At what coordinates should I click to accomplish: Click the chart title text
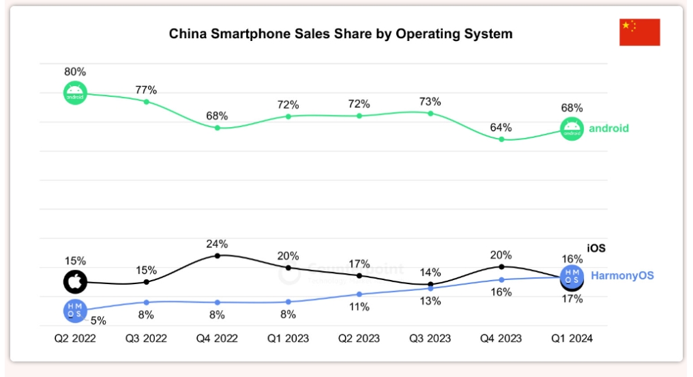pos(340,33)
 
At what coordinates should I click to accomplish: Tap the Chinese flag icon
pos(639,32)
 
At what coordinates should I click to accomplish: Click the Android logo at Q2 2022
pos(75,93)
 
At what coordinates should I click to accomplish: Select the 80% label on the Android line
pos(75,72)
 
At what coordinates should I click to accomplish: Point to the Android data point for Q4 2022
pos(218,128)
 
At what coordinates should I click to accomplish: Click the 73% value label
pos(430,102)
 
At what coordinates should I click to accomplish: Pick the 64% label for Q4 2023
pos(501,128)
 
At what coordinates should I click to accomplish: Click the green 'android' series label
pos(608,128)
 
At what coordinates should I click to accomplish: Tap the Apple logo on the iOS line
pos(75,281)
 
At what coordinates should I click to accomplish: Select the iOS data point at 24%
pos(218,255)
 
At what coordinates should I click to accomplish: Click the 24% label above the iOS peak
pos(218,244)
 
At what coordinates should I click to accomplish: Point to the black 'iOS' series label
pos(596,249)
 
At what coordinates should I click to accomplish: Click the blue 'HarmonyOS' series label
pos(622,276)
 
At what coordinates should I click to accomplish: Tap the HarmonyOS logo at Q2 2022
pos(75,311)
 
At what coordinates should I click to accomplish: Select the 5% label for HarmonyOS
pos(98,320)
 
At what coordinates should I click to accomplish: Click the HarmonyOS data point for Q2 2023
pos(359,294)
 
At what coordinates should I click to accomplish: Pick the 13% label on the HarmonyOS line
pos(430,302)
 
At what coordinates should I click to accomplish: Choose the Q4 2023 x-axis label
pos(501,338)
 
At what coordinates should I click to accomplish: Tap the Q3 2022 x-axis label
pos(146,338)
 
